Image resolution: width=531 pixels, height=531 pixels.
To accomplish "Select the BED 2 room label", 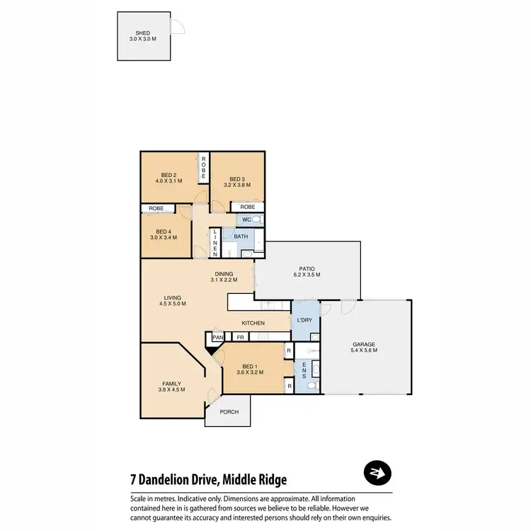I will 169,175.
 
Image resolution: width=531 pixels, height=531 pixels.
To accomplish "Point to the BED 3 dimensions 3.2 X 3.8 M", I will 237,185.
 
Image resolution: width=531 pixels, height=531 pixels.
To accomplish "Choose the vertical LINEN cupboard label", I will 215,242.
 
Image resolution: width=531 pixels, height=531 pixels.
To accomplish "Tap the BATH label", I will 241,236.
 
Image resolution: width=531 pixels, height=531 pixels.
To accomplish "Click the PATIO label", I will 304,269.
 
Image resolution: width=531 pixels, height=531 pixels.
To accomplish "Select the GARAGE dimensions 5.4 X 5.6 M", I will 364,350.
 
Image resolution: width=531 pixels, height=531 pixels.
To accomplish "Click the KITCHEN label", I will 253,324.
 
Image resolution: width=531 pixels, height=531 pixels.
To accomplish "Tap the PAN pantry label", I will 217,338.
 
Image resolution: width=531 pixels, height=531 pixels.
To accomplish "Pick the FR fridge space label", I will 241,338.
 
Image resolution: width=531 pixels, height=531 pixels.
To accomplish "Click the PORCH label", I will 228,412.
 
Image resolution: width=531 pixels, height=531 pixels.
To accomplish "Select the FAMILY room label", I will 171,384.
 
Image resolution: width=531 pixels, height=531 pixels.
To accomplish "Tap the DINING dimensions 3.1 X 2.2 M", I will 224,280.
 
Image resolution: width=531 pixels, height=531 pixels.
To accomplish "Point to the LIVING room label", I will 172,297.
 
